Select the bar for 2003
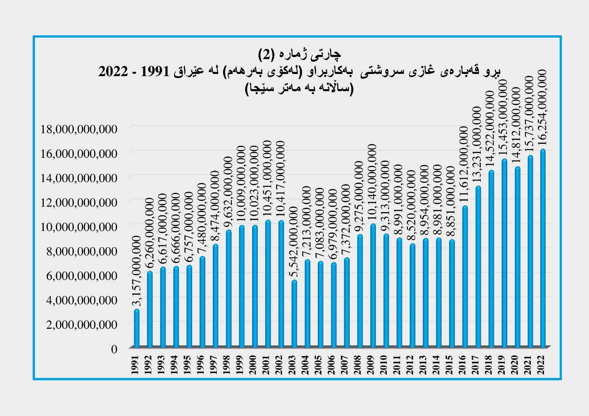[294, 314]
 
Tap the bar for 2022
[543, 248]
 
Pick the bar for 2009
[373, 285]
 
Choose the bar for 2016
[465, 277]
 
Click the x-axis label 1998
[227, 365]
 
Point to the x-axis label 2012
[410, 365]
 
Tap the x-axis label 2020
[515, 365]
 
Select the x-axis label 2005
[318, 365]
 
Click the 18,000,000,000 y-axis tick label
[79, 129]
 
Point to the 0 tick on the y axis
[114, 349]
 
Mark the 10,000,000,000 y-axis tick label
[79, 227]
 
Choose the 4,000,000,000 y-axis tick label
[81, 300]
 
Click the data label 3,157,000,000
[137, 271]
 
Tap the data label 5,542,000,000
[294, 241]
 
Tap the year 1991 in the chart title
[156, 71]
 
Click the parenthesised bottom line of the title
[299, 89]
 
